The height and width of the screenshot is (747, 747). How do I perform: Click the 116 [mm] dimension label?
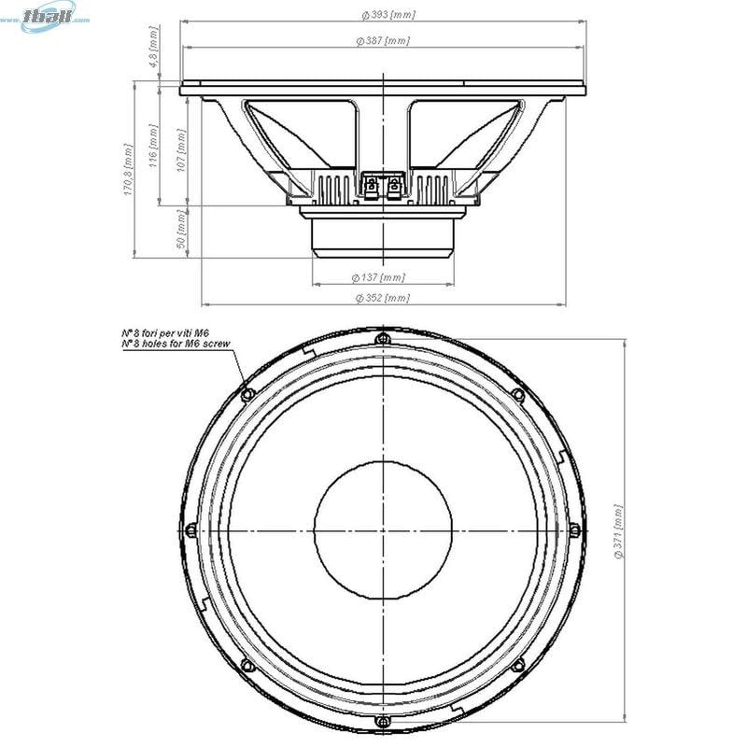[154, 147]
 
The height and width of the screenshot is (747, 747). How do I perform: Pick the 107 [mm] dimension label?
[180, 147]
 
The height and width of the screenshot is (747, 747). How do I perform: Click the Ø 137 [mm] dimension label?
[378, 277]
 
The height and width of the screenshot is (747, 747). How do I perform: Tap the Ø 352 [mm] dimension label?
[382, 298]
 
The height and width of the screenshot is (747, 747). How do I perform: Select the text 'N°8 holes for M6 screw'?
[176, 345]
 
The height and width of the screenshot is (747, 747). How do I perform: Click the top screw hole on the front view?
[382, 339]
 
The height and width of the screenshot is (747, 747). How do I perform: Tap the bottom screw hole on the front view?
[382, 723]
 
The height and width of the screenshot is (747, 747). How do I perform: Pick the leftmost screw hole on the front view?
[190, 530]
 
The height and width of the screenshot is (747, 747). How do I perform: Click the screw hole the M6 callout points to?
[247, 395]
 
